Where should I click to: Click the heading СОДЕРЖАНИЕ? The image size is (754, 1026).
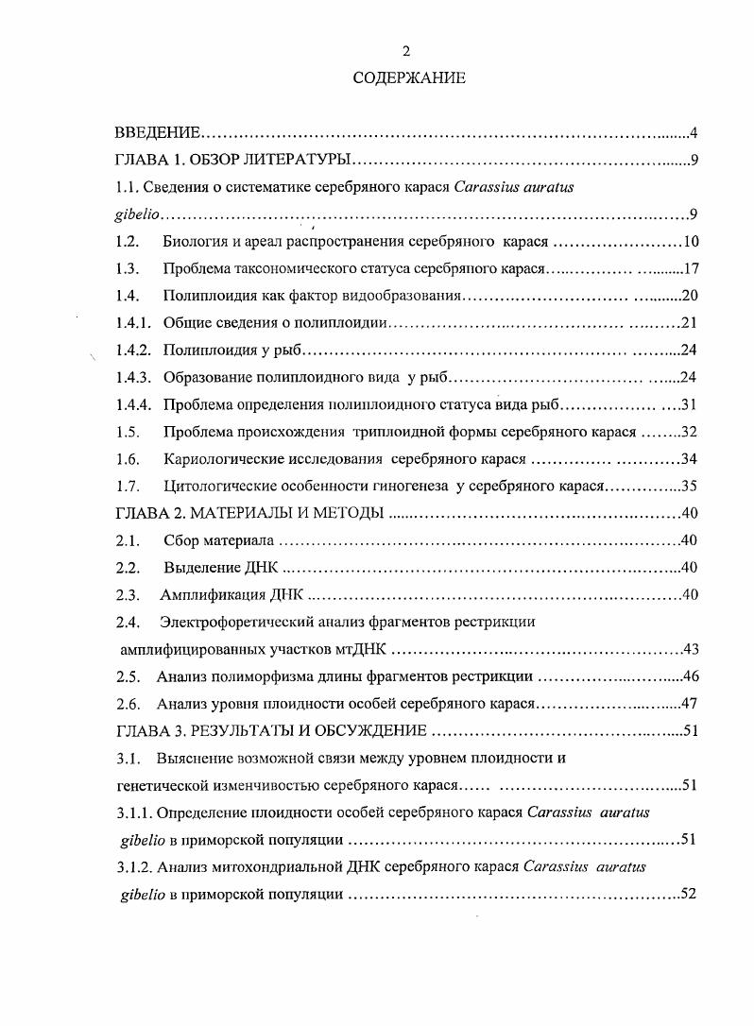(409, 78)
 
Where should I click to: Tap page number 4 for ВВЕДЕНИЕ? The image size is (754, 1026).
(693, 132)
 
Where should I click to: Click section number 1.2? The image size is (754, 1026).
(128, 241)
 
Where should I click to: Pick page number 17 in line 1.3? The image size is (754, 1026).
(689, 268)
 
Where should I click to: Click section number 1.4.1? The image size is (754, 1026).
(133, 323)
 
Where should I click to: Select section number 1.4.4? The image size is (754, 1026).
(133, 405)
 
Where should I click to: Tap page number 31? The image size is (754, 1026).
(689, 405)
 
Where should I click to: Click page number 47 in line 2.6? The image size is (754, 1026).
(689, 704)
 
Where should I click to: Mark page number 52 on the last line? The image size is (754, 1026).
(689, 894)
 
